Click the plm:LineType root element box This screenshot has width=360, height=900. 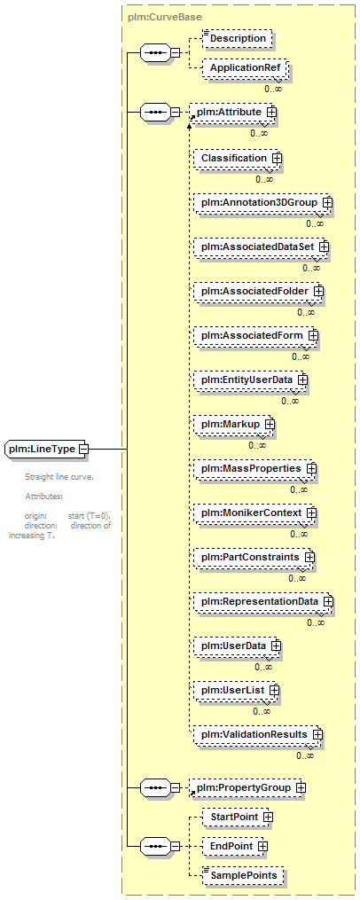point(47,449)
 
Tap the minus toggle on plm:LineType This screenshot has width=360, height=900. point(82,449)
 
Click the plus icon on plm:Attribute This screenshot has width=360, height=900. point(271,112)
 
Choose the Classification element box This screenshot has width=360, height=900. point(236,158)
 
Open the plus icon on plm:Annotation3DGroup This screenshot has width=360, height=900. point(328,203)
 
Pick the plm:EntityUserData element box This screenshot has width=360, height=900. point(251,380)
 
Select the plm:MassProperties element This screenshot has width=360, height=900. point(255,469)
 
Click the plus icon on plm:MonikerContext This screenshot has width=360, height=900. point(312,512)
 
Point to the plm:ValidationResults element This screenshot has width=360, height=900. point(258,735)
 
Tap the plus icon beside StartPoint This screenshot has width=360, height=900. point(268,816)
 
